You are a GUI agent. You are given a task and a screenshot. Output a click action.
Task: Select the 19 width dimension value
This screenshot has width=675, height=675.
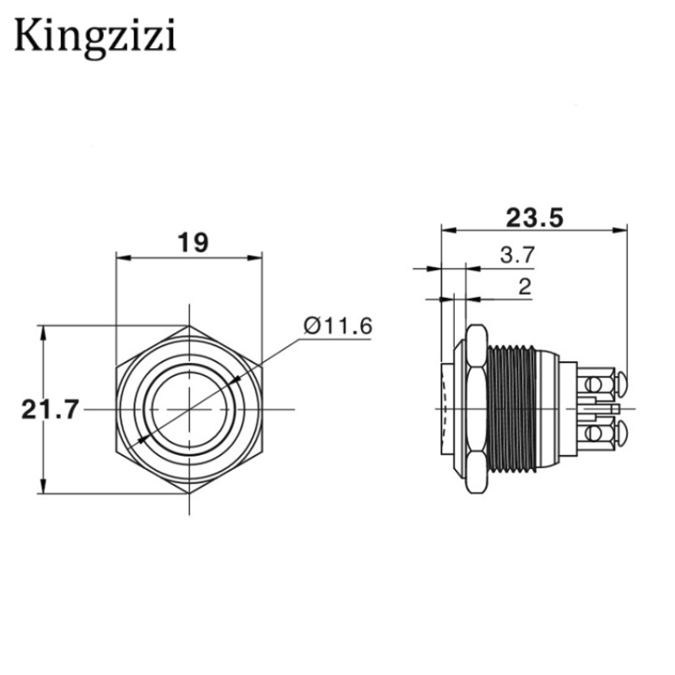tap(192, 243)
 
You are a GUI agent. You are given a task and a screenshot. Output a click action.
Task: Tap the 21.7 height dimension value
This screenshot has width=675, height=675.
tap(49, 410)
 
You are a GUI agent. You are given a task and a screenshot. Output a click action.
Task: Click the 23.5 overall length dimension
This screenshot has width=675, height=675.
tap(533, 218)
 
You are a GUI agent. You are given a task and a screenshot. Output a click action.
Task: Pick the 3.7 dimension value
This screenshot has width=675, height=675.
tap(516, 256)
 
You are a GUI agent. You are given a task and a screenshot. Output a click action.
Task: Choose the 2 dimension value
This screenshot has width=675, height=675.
tap(524, 287)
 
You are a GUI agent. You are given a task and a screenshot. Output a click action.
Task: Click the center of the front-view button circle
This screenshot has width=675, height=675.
tap(187, 410)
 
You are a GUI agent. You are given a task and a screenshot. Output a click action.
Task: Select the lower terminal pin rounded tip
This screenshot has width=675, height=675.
tap(622, 436)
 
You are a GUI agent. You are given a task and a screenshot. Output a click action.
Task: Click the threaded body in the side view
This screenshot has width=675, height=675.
tap(513, 409)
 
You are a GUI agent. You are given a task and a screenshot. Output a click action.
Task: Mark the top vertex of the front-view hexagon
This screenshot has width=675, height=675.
tap(187, 326)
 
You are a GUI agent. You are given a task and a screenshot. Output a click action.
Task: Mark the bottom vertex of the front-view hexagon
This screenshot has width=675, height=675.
tap(187, 494)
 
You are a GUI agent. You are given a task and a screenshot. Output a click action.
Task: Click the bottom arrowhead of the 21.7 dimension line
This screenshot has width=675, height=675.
tap(42, 489)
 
